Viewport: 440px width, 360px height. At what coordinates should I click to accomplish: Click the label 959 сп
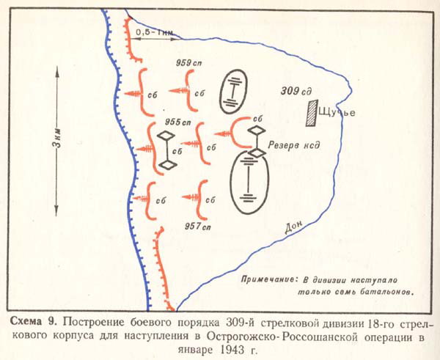(188, 63)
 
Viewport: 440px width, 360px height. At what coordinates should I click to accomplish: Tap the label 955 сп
(178, 122)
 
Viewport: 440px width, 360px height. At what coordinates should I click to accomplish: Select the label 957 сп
(198, 226)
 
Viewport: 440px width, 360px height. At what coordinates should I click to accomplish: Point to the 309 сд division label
(296, 91)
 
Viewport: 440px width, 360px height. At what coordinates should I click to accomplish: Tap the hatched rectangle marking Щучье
(312, 114)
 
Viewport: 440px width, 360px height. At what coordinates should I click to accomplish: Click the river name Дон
(294, 227)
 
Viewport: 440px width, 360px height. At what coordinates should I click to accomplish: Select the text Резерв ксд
(294, 145)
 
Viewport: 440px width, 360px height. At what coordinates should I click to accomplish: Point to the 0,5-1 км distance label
(154, 32)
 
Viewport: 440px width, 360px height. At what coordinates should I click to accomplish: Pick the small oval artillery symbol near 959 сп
(233, 92)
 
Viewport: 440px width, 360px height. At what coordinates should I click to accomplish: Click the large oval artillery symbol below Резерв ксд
(249, 183)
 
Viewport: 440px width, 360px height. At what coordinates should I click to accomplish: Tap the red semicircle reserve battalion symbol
(233, 132)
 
